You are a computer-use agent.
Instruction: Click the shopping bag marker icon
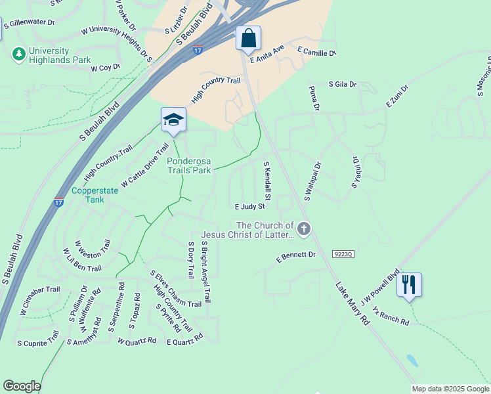coord(249,38)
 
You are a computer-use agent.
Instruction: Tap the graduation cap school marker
coord(173,120)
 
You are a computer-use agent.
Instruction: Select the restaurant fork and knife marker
coord(409,285)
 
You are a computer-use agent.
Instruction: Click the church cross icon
coord(303,229)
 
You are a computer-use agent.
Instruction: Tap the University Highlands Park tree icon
coord(20,53)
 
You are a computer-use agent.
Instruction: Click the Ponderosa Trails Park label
coord(189,165)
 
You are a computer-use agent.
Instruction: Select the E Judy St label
coord(249,206)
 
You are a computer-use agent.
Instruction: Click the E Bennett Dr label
coord(296,257)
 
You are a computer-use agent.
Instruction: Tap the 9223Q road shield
coord(343,253)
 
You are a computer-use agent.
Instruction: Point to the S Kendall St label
coord(267,181)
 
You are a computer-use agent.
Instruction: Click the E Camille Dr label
coord(316,51)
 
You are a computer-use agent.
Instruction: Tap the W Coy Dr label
coord(106,68)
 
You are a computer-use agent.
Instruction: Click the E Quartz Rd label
coord(184,341)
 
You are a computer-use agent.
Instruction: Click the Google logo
coord(22,386)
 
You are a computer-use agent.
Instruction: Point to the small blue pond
coord(412,361)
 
